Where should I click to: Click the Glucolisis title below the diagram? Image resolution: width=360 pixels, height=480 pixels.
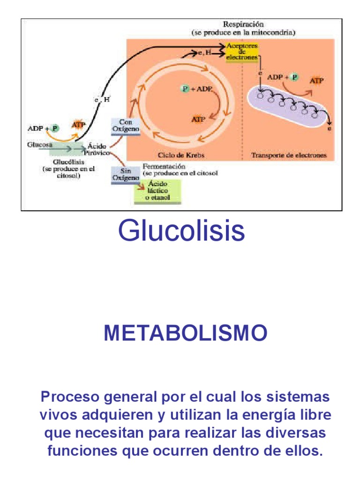coord(181,231)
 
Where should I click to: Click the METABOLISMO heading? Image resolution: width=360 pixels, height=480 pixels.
coord(186,333)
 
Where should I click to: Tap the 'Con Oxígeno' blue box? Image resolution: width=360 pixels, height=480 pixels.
coord(125,126)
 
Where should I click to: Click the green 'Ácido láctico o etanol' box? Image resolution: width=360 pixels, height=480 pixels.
coord(158,191)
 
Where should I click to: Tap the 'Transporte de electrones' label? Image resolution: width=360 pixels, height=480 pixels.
coord(289,155)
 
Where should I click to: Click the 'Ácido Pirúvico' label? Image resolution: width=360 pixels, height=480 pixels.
coord(97,149)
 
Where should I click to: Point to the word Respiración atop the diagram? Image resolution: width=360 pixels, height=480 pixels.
coord(243,24)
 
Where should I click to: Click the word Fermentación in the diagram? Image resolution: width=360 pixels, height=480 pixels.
coord(164,166)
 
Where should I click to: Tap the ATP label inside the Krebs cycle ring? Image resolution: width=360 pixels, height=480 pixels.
coord(199,119)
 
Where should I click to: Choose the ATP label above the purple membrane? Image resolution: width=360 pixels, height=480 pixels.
coord(317,81)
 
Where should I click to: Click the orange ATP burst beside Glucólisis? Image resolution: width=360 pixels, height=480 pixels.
coord(78,125)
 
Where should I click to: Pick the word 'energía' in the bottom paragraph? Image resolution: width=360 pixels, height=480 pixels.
coord(265,415)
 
